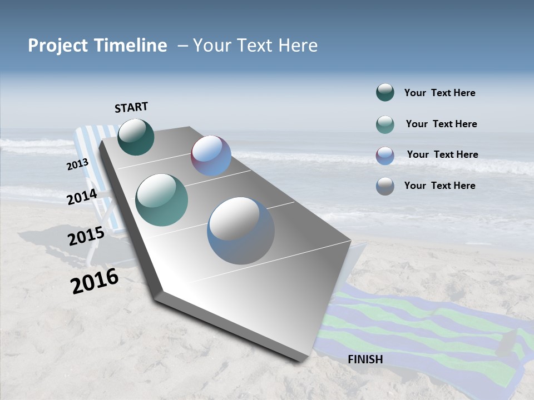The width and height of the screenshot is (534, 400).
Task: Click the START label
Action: (x=131, y=107)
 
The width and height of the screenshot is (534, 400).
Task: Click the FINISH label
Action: (x=365, y=359)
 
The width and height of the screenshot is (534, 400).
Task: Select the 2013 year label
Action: (x=77, y=164)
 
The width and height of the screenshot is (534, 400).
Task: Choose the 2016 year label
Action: (x=95, y=281)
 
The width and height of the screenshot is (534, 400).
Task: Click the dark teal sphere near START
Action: (x=136, y=137)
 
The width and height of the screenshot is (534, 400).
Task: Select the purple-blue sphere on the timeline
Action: (x=211, y=156)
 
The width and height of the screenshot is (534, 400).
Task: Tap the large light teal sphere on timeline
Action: (x=162, y=200)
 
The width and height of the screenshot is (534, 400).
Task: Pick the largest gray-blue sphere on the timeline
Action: (x=240, y=231)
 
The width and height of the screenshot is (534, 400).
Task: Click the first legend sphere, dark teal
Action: (x=385, y=93)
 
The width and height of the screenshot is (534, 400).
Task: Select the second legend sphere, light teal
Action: (x=385, y=124)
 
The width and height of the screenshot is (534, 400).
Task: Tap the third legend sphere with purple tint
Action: (x=385, y=156)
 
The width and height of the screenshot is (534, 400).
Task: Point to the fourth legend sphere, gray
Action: (x=385, y=186)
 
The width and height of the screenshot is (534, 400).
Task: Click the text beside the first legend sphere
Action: (x=439, y=93)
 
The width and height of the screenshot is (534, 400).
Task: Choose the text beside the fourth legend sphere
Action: (x=439, y=186)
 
